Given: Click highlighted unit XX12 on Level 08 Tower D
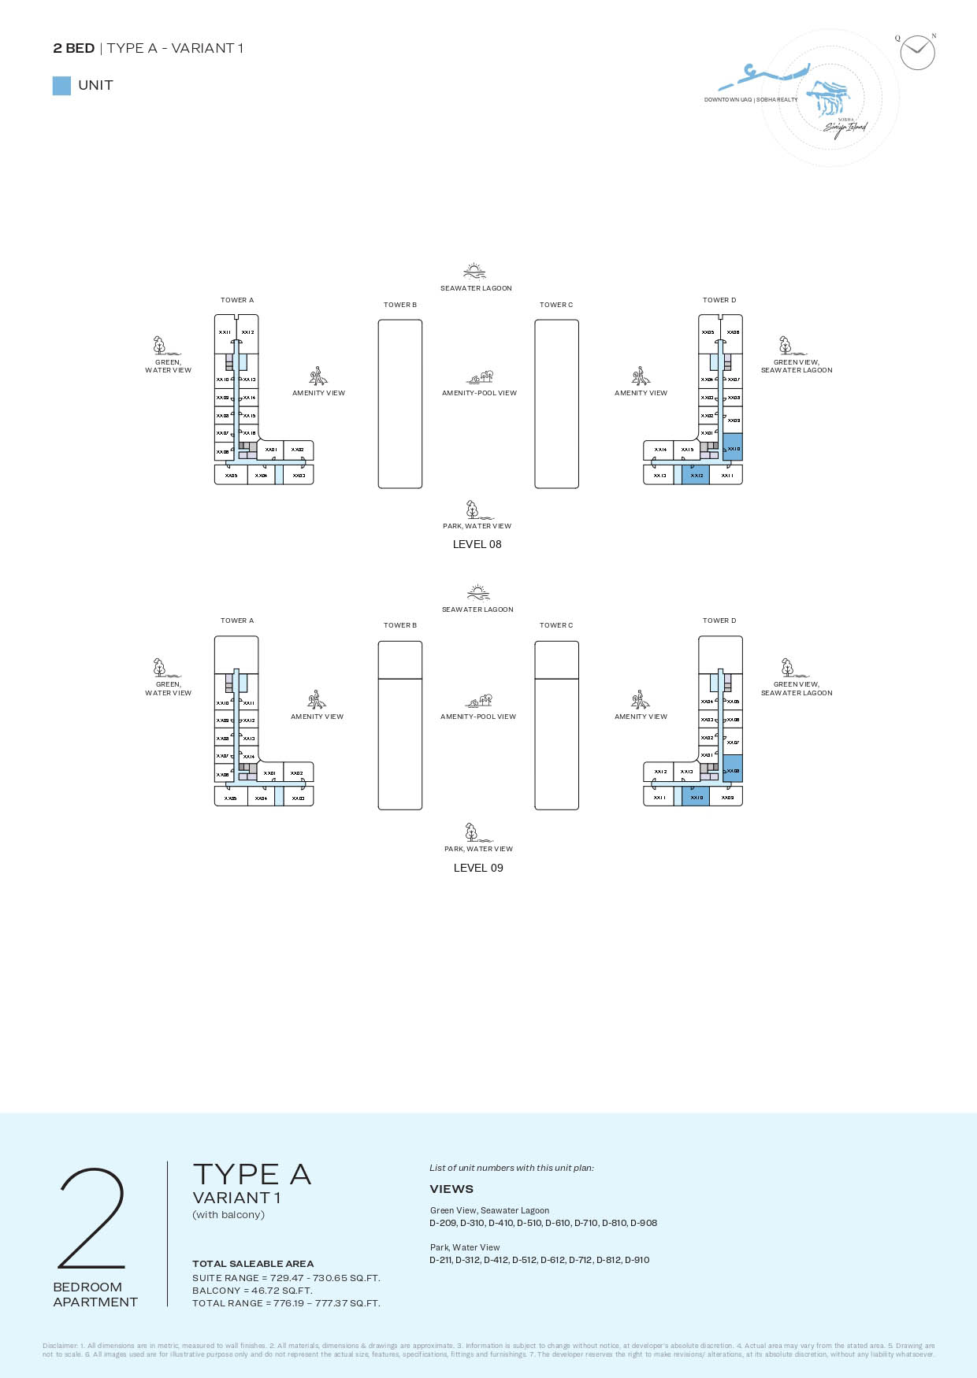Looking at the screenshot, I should pos(696,475).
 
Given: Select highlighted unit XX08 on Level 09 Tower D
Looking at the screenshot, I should pos(733,769).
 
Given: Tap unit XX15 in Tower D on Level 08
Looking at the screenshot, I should pos(687,450).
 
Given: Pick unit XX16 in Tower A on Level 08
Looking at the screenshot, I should pos(249,433).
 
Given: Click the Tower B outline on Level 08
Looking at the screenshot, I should pos(400,404).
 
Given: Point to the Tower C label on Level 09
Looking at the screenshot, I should pos(556,625).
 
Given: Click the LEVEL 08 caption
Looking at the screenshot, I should pos(477,544).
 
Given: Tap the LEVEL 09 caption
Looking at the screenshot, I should pos(478,868).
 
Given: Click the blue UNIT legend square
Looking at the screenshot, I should pos(61,86).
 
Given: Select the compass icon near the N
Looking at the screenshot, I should pos(917,53).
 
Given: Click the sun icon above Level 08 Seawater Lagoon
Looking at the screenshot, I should pos(474,271).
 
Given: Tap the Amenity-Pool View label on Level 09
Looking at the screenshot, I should pos(478,717).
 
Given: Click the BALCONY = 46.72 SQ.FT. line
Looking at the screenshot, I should pos(252,1291).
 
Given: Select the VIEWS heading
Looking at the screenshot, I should pos(451,1189).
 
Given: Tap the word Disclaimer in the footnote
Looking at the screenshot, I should pos(60,1346).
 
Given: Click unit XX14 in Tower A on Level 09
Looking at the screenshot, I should pos(249,756).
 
